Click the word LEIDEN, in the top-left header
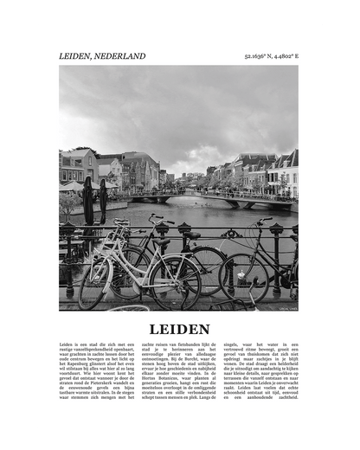pos(74,56)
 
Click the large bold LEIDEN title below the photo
pos(179,329)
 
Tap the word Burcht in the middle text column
pos(193,363)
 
